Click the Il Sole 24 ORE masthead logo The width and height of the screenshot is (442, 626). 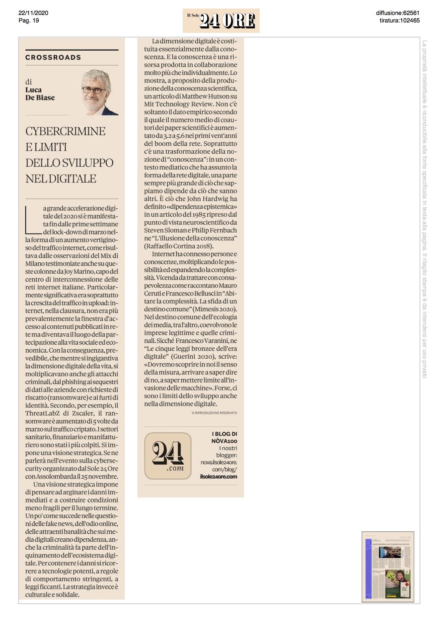(221, 20)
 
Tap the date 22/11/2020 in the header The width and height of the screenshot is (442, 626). (33, 13)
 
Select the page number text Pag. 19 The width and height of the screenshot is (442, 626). (29, 20)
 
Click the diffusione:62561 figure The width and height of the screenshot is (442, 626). (397, 13)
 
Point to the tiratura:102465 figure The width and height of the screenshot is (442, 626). (399, 20)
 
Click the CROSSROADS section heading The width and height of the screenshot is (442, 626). (53, 57)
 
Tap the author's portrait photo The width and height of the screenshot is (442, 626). (99, 92)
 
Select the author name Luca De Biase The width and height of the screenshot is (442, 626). (40, 94)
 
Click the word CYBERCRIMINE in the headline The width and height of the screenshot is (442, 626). (65, 131)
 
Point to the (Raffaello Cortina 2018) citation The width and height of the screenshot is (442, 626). (179, 246)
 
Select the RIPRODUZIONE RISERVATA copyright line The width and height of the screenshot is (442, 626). (214, 413)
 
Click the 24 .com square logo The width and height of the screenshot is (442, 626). (168, 456)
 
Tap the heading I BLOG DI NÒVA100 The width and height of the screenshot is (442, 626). (224, 437)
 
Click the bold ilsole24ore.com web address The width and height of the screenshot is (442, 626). (218, 476)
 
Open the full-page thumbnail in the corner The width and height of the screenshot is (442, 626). (388, 566)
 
